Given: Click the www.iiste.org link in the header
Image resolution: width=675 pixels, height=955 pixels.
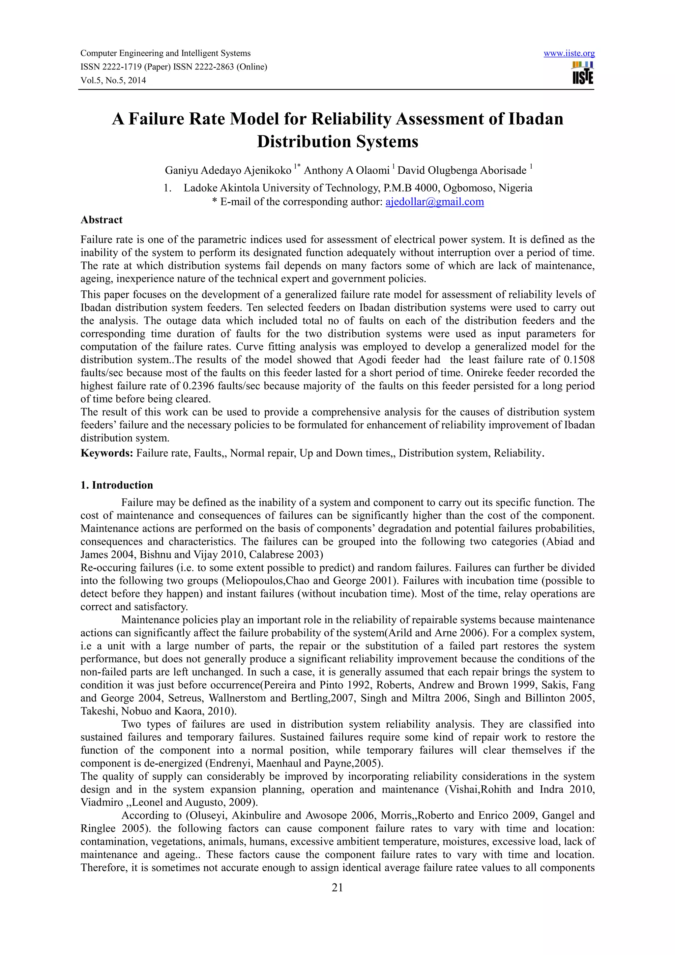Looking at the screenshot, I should coord(569,53).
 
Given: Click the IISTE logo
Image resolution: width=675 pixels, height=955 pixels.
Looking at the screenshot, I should coord(583,73).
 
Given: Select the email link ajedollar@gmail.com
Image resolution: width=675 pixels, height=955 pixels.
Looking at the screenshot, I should coord(435,202).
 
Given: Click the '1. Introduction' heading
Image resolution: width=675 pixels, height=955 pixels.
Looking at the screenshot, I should coord(117,485).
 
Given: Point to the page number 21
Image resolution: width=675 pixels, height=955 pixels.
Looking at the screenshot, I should coord(337,888).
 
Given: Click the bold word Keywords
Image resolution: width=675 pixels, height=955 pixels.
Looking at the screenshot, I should coord(106,453).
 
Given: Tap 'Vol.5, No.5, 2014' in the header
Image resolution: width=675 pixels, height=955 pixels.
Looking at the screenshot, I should coord(113,80).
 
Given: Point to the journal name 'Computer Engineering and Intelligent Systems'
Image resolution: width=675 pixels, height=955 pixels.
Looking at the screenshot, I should coord(165,53).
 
